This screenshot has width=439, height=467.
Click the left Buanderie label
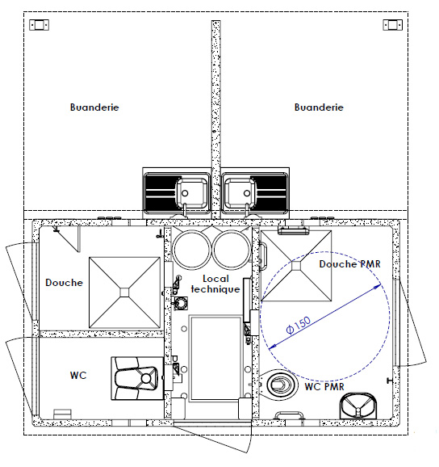pos(94,107)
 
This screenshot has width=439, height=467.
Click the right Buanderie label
pos(319,107)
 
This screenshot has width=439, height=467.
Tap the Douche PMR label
pos(349,264)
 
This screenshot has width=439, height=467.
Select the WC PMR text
pos(324,386)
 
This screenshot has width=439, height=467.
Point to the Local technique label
pos(215,284)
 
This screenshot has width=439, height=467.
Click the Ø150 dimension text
pos(299,326)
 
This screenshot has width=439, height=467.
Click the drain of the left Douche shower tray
pos(124,292)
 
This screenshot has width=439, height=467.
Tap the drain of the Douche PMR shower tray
pos(296,266)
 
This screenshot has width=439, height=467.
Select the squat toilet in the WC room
pos(137,378)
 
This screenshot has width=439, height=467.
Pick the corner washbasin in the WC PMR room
pos(358,406)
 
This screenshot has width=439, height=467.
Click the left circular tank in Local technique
pos(192,250)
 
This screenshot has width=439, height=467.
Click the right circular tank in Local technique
pos(232,250)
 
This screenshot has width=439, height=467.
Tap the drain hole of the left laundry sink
pos(185,193)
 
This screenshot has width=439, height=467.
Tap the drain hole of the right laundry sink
pos(247,193)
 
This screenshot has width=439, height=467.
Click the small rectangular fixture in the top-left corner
pos(39,25)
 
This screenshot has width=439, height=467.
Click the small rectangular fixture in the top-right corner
pos(393,25)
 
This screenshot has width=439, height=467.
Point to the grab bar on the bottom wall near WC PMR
pos(289,414)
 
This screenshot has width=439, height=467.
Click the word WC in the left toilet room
pos(78,375)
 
